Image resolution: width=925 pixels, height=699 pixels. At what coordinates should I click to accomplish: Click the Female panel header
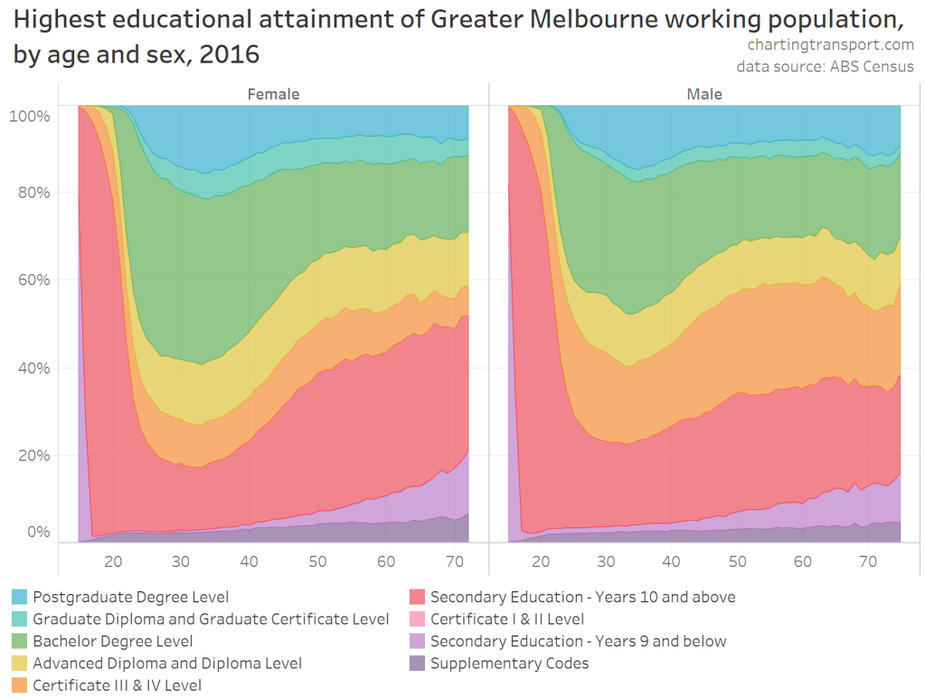pyautogui.click(x=274, y=94)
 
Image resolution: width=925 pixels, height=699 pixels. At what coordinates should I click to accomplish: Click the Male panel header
pyautogui.click(x=704, y=94)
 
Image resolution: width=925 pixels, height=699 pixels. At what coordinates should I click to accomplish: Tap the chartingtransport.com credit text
pyautogui.click(x=830, y=44)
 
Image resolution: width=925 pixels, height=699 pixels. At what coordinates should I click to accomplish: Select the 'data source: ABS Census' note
pyautogui.click(x=825, y=67)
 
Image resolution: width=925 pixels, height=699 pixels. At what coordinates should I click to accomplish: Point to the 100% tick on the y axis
pyautogui.click(x=29, y=116)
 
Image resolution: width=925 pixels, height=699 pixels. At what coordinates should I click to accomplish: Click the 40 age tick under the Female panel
pyautogui.click(x=250, y=562)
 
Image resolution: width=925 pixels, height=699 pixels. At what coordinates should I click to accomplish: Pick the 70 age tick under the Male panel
pyautogui.click(x=868, y=562)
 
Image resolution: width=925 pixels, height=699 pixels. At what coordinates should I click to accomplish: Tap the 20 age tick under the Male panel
pyautogui.click(x=542, y=562)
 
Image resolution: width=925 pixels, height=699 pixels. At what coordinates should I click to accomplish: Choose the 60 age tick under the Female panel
pyautogui.click(x=386, y=562)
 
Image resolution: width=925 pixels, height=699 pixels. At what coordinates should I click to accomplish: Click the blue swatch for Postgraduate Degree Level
pyautogui.click(x=20, y=597)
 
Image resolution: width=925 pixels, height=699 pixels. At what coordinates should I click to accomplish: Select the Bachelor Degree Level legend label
pyautogui.click(x=113, y=641)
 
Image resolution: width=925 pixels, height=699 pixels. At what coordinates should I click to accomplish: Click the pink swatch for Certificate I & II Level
pyautogui.click(x=417, y=619)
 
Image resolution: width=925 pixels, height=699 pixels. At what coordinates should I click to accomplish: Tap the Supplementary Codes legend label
pyautogui.click(x=509, y=664)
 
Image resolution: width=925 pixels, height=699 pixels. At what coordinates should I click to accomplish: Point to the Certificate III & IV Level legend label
pyautogui.click(x=117, y=685)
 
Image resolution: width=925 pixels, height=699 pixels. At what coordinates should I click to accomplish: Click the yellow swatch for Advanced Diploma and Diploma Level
pyautogui.click(x=20, y=664)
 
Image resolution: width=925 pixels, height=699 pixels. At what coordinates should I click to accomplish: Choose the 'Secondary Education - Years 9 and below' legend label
pyautogui.click(x=578, y=641)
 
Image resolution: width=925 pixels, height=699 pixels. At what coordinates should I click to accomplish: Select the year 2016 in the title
pyautogui.click(x=231, y=54)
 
